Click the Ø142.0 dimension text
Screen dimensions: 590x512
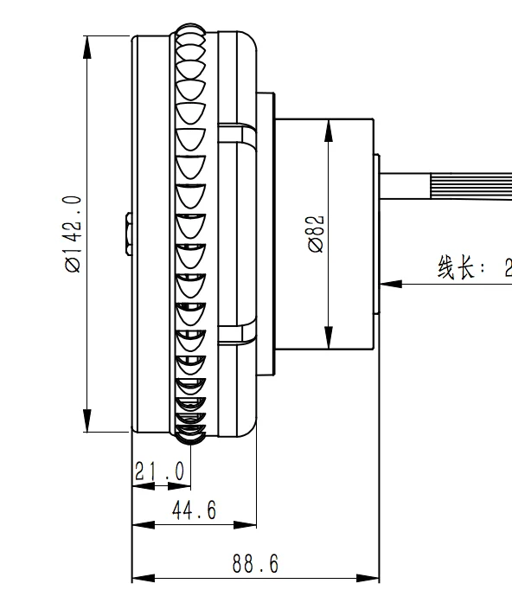(72, 234)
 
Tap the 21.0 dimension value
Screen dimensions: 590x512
(160, 471)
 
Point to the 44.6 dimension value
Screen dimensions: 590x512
(194, 511)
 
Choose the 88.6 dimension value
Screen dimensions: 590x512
(255, 565)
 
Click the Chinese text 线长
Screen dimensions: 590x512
(456, 268)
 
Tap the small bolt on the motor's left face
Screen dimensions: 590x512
(126, 234)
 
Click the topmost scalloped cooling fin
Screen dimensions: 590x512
(191, 37)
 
